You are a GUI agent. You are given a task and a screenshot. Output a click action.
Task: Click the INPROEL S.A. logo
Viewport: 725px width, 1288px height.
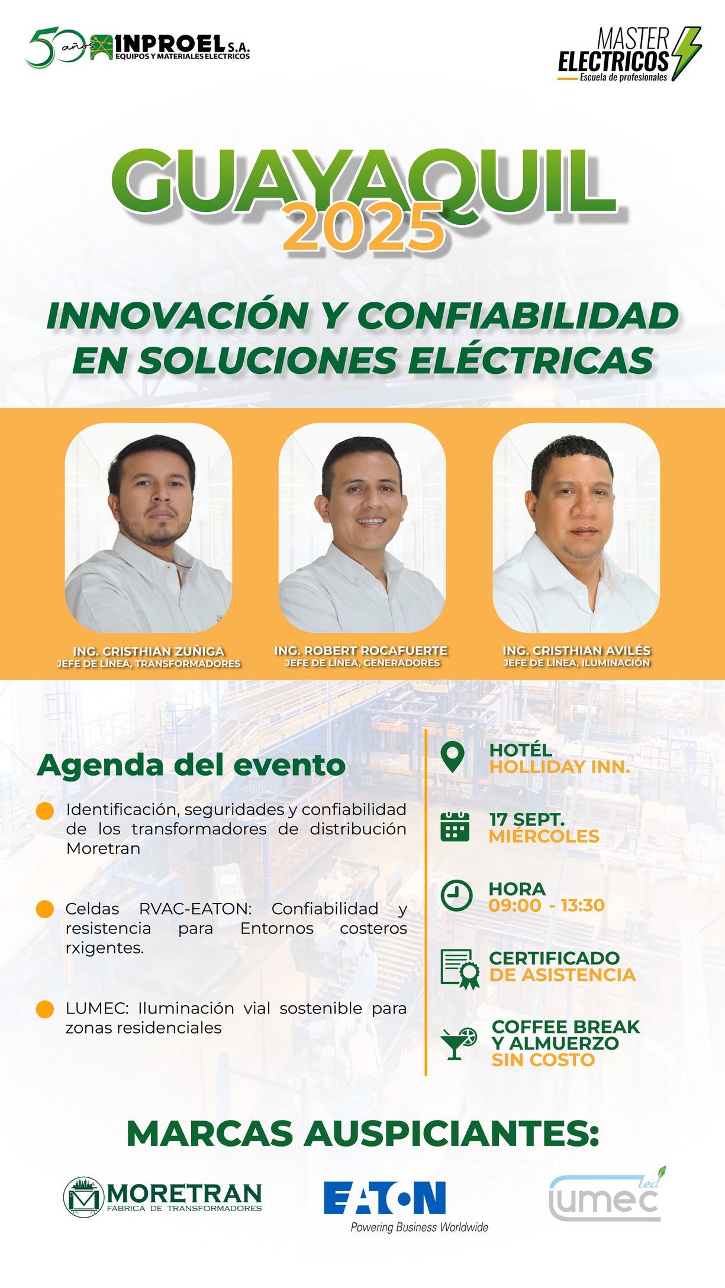coord(138,47)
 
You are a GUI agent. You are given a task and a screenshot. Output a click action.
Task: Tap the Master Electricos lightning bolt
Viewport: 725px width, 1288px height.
coord(686,53)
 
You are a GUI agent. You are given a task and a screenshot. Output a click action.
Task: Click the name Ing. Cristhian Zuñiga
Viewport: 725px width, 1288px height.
coord(149,651)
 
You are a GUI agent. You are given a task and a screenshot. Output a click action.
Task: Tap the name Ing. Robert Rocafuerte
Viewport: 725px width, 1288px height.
coord(361,650)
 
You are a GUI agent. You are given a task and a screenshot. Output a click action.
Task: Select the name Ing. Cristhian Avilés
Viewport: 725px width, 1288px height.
coord(576,650)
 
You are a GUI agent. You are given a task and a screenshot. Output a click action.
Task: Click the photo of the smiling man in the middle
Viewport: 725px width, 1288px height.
coord(362,528)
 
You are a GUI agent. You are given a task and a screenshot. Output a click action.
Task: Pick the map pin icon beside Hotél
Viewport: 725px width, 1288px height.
coord(453,757)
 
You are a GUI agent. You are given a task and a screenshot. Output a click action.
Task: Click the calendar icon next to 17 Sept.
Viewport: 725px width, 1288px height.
coord(455,827)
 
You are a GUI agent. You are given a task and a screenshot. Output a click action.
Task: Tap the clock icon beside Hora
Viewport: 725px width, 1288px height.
coord(456,896)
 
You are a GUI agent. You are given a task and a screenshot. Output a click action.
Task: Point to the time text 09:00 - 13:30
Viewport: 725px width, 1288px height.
coord(547,905)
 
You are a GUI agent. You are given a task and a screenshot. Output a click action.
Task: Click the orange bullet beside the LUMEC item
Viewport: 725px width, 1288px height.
coord(45,1009)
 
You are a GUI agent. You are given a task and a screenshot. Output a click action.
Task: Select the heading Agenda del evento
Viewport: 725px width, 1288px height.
coord(191,765)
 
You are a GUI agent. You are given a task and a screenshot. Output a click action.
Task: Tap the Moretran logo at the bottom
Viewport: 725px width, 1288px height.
coord(163,1196)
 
